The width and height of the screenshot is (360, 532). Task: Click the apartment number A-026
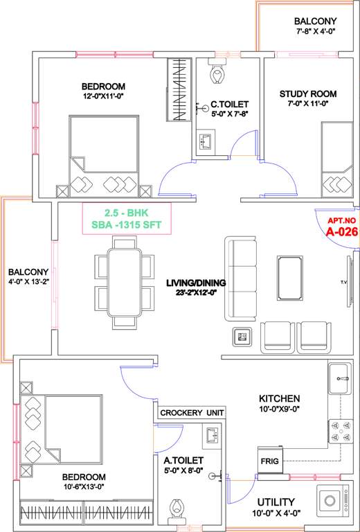tap(341, 232)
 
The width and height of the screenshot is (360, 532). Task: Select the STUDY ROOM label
tap(308, 94)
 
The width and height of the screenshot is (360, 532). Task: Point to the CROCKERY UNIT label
tap(192, 412)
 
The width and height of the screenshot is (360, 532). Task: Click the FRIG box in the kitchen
tap(269, 461)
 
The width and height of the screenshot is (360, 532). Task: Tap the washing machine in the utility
tap(331, 501)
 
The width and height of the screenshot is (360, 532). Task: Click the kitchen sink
tap(340, 378)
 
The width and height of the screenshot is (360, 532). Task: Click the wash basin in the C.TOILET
tap(207, 141)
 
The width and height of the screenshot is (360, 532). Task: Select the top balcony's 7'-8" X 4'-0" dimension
tap(314, 32)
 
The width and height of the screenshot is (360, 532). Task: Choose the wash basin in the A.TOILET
tap(211, 435)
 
